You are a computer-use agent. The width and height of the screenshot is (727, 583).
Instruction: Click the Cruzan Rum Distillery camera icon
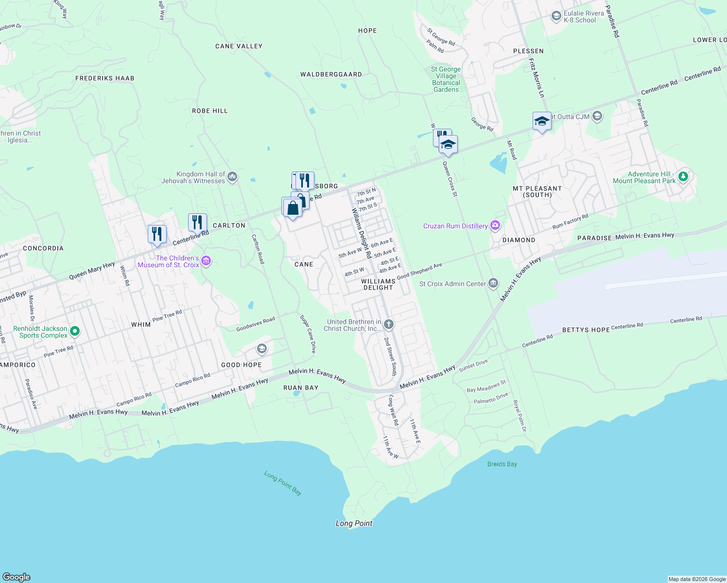[495, 225]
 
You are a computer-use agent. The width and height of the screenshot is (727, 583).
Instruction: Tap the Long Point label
[354, 523]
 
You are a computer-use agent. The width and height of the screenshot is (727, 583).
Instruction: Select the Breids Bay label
[502, 464]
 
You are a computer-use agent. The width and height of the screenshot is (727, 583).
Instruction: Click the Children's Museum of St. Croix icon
[206, 261]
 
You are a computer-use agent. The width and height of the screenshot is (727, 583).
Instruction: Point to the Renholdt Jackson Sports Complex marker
[75, 332]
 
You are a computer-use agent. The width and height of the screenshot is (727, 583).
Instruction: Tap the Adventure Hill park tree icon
[683, 176]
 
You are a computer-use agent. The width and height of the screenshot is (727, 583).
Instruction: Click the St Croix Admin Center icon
[493, 284]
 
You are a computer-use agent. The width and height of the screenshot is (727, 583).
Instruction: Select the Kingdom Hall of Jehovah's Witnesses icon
[232, 176]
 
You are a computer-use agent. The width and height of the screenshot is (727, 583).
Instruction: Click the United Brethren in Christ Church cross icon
[388, 324]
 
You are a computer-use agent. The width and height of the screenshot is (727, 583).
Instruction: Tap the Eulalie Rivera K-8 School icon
[556, 17]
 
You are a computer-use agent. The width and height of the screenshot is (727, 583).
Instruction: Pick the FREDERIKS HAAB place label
[104, 78]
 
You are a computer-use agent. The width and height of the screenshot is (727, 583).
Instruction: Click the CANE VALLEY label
[239, 46]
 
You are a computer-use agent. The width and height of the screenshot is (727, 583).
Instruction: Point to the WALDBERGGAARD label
[331, 74]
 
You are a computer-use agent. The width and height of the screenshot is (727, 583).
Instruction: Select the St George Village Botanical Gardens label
[446, 79]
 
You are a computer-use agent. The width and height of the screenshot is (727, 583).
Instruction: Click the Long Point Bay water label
[283, 482]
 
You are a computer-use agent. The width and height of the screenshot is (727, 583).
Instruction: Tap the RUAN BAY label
[301, 388]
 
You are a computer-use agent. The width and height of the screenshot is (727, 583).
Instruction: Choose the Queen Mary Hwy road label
[92, 271]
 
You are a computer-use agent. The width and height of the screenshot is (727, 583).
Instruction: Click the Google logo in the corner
[17, 577]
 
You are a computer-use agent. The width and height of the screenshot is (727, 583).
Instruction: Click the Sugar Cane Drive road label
[308, 334]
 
